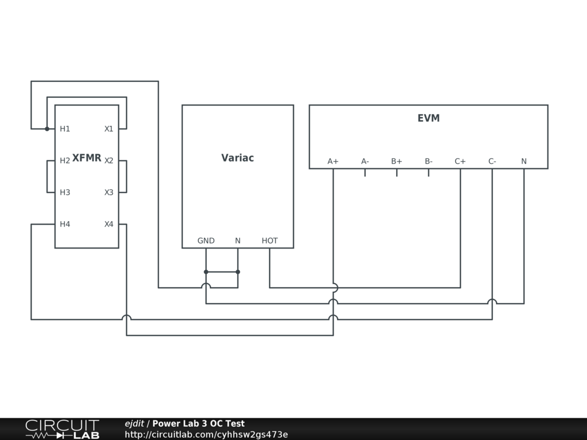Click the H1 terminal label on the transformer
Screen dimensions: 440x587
click(65, 129)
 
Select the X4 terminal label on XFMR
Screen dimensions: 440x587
click(109, 224)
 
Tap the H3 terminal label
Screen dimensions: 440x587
click(65, 192)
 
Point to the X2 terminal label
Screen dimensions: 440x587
click(109, 160)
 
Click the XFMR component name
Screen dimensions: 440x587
click(87, 158)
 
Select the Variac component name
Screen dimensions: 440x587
click(237, 158)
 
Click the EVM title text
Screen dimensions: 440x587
click(428, 119)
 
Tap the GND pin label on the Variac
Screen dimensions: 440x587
click(206, 241)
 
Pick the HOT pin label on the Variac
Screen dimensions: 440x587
click(269, 241)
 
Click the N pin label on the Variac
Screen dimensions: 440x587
click(238, 241)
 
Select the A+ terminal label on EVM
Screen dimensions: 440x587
click(333, 162)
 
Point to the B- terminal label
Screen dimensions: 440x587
click(428, 162)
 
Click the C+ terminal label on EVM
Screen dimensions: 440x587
click(460, 162)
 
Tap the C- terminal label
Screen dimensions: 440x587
click(492, 162)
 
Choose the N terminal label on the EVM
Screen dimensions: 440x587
click(524, 162)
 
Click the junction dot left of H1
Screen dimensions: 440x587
click(47, 129)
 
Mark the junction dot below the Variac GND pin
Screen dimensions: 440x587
click(206, 272)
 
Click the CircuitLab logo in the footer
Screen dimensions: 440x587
click(62, 429)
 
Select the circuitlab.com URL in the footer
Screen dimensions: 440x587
click(206, 435)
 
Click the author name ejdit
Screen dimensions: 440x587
click(135, 424)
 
